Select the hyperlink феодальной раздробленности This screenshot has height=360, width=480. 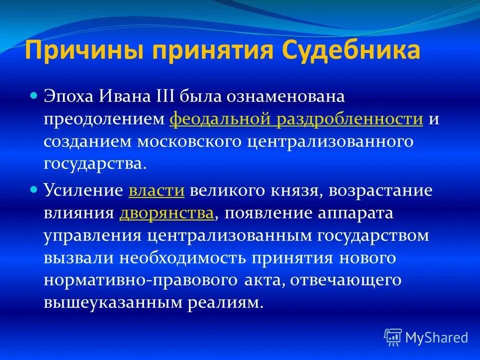[296, 119]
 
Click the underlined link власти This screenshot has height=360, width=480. [157, 191]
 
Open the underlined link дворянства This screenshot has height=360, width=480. [167, 213]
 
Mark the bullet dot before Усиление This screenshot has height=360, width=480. [34, 189]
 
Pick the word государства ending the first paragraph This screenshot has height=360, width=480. [95, 164]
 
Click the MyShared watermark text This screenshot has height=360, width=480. [436, 338]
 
